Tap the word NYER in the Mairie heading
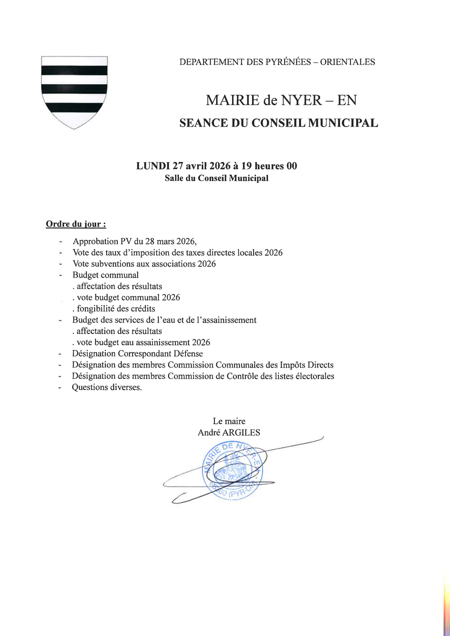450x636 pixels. (300, 100)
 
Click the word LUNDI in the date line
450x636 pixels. (153, 166)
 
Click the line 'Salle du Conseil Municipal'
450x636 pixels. (216, 178)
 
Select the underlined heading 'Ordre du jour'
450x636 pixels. (75, 224)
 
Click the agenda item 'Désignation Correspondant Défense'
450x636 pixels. (137, 354)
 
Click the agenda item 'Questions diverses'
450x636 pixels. (106, 387)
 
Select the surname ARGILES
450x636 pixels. (241, 433)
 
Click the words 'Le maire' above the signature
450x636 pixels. (229, 421)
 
